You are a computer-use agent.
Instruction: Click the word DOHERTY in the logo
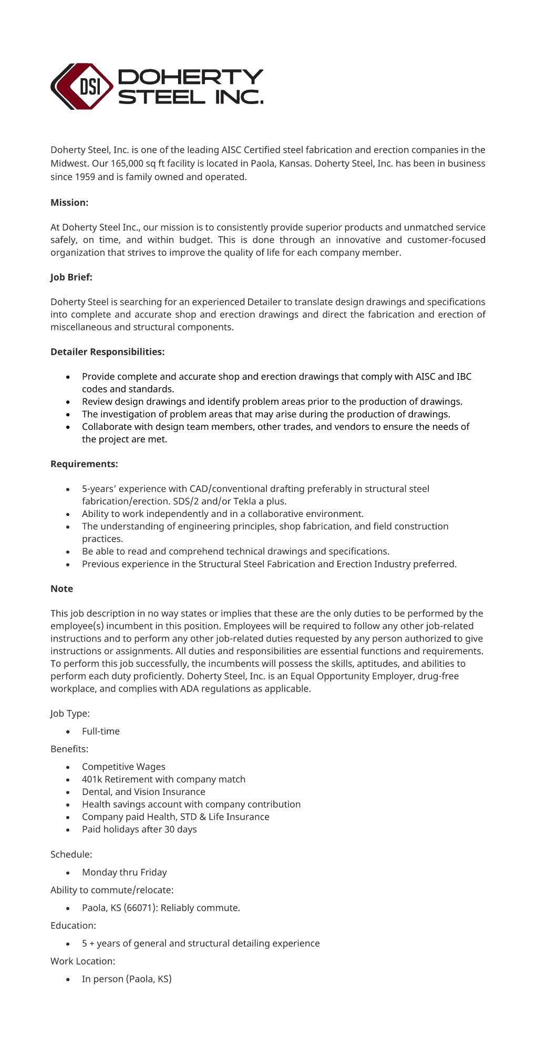[x=190, y=77]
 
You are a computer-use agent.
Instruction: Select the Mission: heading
[x=69, y=202]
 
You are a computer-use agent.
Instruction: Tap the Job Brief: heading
[x=71, y=277]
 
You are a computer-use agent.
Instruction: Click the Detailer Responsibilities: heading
[x=107, y=352]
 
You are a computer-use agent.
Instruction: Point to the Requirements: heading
[x=84, y=464]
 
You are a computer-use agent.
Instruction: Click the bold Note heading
[x=61, y=589]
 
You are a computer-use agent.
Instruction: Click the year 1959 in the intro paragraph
[x=85, y=177]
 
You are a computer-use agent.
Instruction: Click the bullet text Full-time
[x=100, y=731]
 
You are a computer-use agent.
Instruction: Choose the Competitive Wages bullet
[x=123, y=767]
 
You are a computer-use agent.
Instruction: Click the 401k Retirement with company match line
[x=163, y=779]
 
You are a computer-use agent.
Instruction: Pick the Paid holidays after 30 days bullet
[x=139, y=829]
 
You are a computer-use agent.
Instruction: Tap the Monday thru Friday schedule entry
[x=124, y=872]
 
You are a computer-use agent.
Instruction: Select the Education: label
[x=73, y=925]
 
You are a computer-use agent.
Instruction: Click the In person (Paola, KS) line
[x=127, y=979]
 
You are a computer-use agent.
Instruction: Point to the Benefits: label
[x=69, y=749]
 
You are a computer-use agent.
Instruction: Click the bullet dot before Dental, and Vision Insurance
[x=68, y=792]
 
